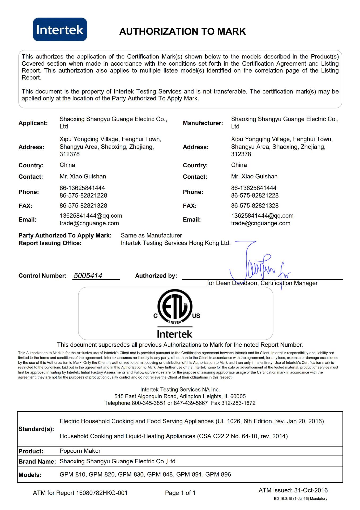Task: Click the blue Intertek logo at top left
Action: (60, 29)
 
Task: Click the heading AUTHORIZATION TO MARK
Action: (182, 31)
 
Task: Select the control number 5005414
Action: (88, 276)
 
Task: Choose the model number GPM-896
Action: (218, 474)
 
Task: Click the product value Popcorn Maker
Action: (80, 451)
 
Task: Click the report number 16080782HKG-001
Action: (102, 493)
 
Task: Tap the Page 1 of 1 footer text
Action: (180, 493)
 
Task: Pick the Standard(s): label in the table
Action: (36, 429)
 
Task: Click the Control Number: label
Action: (42, 276)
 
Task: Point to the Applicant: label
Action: (33, 123)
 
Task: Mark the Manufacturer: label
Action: (203, 123)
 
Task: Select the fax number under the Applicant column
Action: (83, 206)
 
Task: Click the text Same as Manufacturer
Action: (151, 235)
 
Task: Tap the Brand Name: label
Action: (37, 462)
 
